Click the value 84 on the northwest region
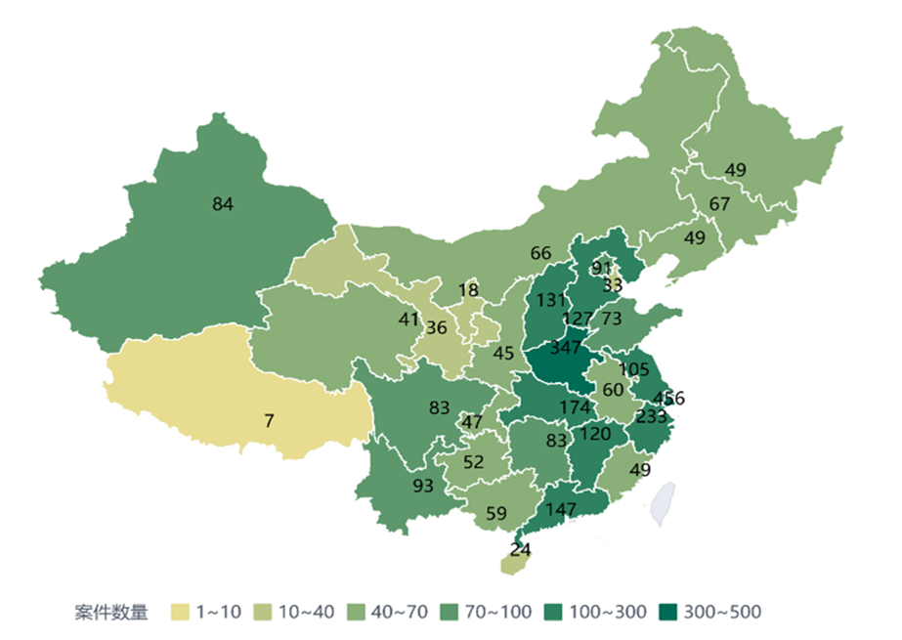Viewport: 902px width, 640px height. point(223,204)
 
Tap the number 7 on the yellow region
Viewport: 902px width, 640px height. point(269,421)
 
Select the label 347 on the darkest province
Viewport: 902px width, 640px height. point(566,348)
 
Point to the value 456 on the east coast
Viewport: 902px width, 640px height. point(669,398)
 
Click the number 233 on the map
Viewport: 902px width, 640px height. point(651,414)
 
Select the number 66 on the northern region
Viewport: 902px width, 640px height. point(540,253)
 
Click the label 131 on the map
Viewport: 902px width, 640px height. point(552,300)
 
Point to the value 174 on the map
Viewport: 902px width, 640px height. point(575,406)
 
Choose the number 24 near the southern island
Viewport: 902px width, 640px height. point(520,549)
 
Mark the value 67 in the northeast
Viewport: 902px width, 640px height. point(720,204)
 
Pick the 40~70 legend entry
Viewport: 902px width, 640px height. point(382,613)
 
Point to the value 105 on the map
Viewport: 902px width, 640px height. point(634,368)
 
